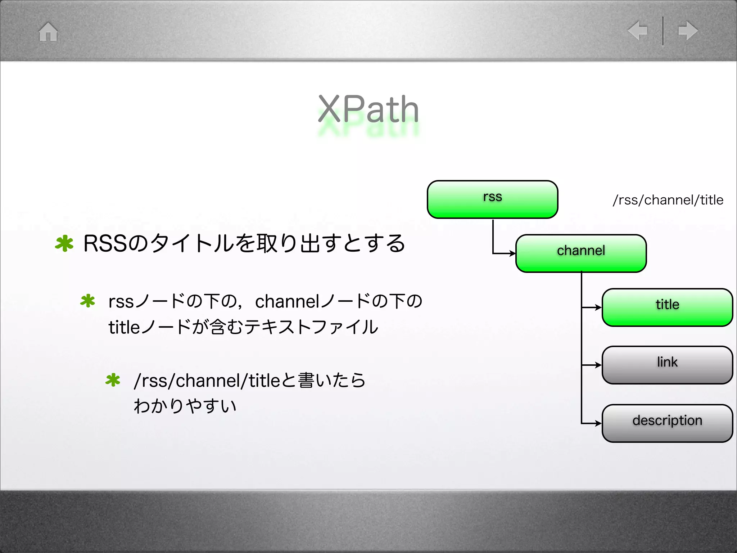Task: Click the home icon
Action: click(48, 32)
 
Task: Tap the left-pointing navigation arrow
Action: click(638, 30)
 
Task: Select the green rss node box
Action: click(492, 199)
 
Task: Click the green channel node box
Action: click(581, 253)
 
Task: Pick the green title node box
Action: click(667, 307)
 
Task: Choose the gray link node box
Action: click(667, 365)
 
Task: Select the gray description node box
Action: click(667, 423)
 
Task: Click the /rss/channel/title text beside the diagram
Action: click(668, 200)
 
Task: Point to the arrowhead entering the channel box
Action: click(513, 253)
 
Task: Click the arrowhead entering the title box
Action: click(599, 307)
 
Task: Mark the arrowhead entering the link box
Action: click(599, 365)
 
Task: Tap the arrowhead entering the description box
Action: click(599, 423)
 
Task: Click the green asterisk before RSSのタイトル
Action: click(64, 243)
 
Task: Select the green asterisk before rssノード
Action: click(87, 301)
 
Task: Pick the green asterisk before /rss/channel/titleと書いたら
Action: click(113, 380)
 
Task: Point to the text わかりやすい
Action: click(185, 406)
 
